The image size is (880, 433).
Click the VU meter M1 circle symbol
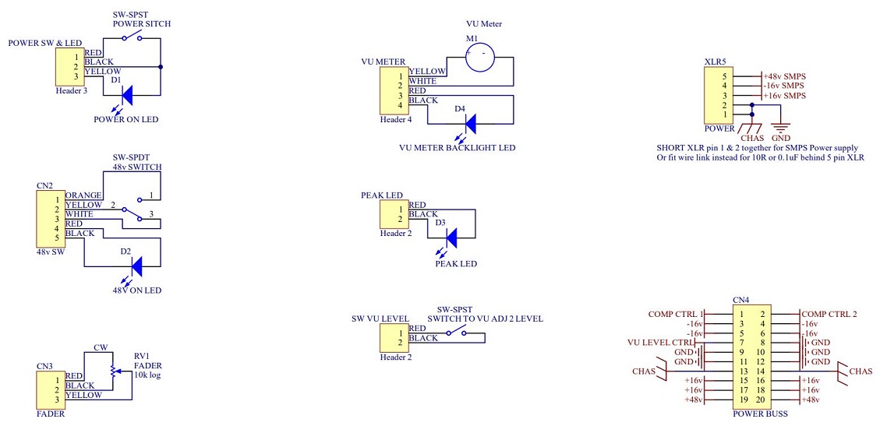(x=480, y=57)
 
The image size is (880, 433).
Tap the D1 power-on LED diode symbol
(x=126, y=95)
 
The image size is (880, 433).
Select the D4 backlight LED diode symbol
(x=470, y=123)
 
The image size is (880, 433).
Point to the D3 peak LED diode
(x=452, y=238)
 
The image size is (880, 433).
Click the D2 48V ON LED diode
(x=136, y=266)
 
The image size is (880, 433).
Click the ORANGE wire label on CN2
(x=83, y=195)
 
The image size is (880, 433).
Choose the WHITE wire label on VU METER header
(x=423, y=81)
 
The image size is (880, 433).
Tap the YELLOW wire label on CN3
(x=83, y=395)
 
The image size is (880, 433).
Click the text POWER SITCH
(x=141, y=24)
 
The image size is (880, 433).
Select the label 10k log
(x=147, y=375)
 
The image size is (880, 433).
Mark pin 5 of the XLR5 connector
(x=725, y=76)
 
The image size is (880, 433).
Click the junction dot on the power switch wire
(x=161, y=67)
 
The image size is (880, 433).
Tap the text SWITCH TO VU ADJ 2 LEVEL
(x=485, y=319)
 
